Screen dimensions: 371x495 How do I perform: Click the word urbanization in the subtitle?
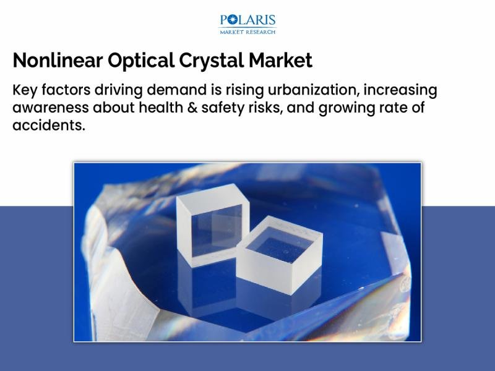[x=313, y=90]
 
